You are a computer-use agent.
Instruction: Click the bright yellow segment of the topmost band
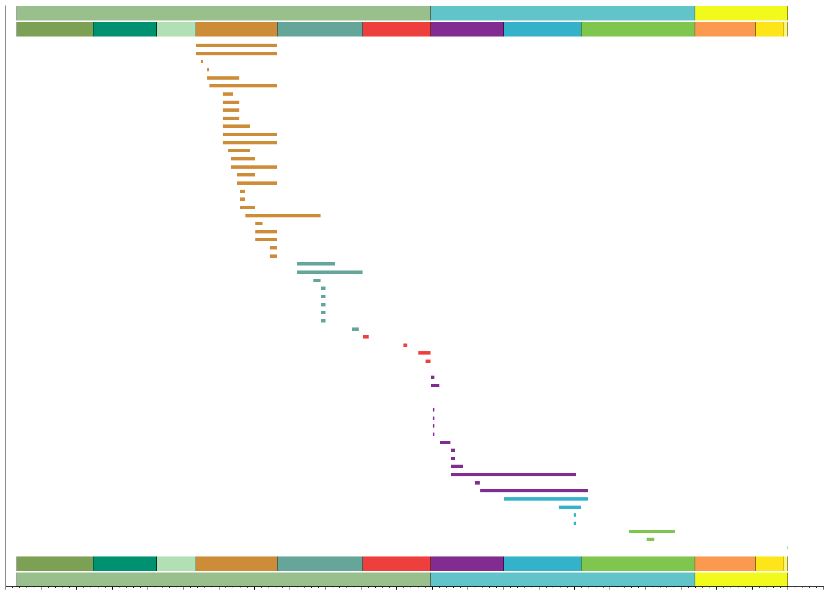pyautogui.click(x=741, y=13)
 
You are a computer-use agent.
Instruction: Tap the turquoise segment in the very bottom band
pyautogui.click(x=563, y=579)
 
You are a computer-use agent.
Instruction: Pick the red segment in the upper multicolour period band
pyautogui.click(x=396, y=29)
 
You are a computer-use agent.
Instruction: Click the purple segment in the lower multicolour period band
pyautogui.click(x=467, y=564)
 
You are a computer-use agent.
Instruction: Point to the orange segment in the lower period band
pyautogui.click(x=725, y=564)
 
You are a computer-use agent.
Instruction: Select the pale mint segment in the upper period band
pyautogui.click(x=176, y=29)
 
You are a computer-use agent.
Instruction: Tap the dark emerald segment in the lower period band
pyautogui.click(x=125, y=564)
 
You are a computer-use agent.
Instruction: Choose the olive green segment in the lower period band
pyautogui.click(x=55, y=564)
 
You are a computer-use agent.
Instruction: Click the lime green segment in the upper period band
pyautogui.click(x=638, y=29)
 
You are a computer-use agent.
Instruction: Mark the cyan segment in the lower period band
pyautogui.click(x=542, y=564)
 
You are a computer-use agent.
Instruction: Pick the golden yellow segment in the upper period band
pyautogui.click(x=769, y=29)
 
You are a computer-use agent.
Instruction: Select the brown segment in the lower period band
pyautogui.click(x=236, y=564)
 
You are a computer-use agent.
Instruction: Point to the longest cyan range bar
pyautogui.click(x=545, y=499)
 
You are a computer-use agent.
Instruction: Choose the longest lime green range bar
pyautogui.click(x=652, y=532)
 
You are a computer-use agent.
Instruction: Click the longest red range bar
pyautogui.click(x=424, y=353)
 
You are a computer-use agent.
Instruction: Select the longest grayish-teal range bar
pyautogui.click(x=329, y=272)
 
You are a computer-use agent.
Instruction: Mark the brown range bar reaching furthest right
pyautogui.click(x=282, y=216)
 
